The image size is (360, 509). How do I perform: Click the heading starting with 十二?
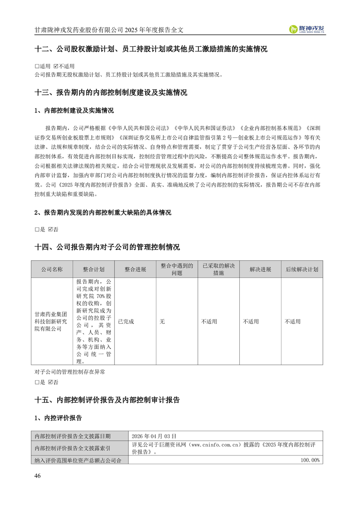point(151,49)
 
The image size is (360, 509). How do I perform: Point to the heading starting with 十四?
point(107,247)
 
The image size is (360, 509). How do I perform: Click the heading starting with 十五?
point(107,400)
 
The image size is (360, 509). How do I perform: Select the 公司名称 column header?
point(51,269)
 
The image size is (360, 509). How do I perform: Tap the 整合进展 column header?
point(135,269)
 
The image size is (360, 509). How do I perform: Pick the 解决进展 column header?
point(260,269)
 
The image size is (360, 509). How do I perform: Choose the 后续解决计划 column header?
point(302,269)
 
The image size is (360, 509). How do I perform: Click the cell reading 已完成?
point(126,322)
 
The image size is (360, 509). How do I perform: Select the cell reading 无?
point(162,322)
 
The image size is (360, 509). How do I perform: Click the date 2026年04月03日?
point(153,436)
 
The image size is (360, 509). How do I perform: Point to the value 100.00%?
point(311,460)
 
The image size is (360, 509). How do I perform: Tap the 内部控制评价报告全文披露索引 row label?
point(73,448)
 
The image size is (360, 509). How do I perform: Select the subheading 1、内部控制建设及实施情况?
point(74,111)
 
